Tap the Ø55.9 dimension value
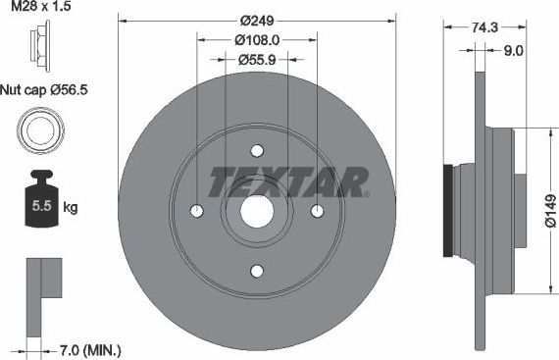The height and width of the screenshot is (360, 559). point(257,60)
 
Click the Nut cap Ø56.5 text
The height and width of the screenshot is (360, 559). point(47,87)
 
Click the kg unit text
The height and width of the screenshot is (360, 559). point(70,207)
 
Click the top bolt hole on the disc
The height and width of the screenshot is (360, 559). point(257,151)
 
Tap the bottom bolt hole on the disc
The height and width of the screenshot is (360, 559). point(257,271)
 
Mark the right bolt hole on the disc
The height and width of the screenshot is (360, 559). point(317,211)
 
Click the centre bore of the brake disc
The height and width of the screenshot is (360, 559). point(257,211)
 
